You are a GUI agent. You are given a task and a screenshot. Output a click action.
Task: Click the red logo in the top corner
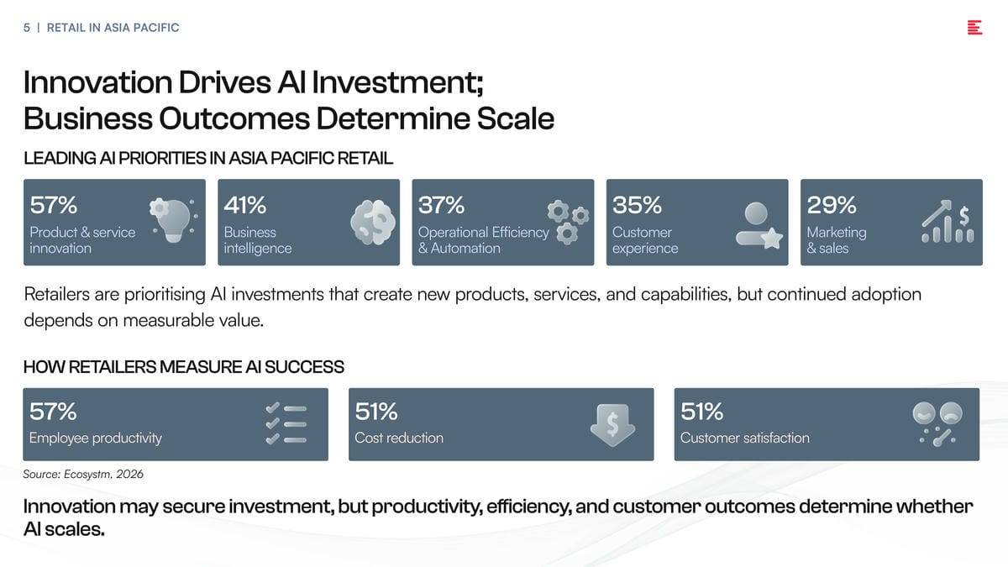pyautogui.click(x=974, y=28)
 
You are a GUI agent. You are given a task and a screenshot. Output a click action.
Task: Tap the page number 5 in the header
pyautogui.click(x=27, y=28)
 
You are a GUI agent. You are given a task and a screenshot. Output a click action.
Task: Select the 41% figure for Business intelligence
pyautogui.click(x=244, y=205)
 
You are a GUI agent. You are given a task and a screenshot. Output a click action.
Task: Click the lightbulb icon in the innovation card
pyautogui.click(x=174, y=220)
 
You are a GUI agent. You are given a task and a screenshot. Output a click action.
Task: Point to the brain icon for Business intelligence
pyautogui.click(x=373, y=222)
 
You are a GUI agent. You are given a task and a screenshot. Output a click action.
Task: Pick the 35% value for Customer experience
pyautogui.click(x=637, y=205)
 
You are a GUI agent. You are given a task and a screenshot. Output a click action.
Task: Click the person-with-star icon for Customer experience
pyautogui.click(x=759, y=225)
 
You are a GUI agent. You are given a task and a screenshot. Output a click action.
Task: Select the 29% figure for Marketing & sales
pyautogui.click(x=831, y=205)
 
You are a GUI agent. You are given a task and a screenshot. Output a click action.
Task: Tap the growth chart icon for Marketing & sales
pyautogui.click(x=948, y=221)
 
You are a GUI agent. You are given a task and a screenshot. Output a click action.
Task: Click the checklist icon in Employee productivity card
pyautogui.click(x=286, y=423)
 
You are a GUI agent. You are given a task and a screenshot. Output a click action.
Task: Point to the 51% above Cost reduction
pyautogui.click(x=376, y=412)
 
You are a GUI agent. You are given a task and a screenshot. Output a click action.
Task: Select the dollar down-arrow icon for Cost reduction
pyautogui.click(x=612, y=425)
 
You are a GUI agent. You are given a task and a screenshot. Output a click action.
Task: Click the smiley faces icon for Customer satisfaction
pyautogui.click(x=937, y=424)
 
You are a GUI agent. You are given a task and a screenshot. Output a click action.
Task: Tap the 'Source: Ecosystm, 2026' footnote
pyautogui.click(x=83, y=475)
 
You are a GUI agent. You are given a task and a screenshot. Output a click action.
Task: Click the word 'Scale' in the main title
pyautogui.click(x=515, y=118)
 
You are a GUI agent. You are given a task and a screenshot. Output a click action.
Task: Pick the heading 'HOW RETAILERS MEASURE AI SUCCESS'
pyautogui.click(x=184, y=367)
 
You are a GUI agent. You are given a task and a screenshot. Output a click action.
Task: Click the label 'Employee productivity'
pyautogui.click(x=96, y=438)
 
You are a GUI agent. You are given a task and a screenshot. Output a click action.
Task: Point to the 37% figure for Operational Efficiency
pyautogui.click(x=441, y=205)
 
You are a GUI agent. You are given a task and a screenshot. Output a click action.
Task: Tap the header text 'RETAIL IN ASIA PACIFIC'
pyautogui.click(x=113, y=28)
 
